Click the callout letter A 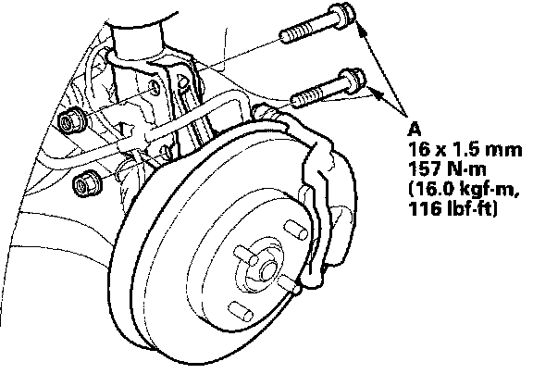click(415, 130)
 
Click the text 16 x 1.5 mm click(465, 150)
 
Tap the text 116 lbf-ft click(452, 208)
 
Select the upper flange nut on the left click(71, 120)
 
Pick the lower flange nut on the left click(86, 183)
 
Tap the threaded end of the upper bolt click(295, 32)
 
